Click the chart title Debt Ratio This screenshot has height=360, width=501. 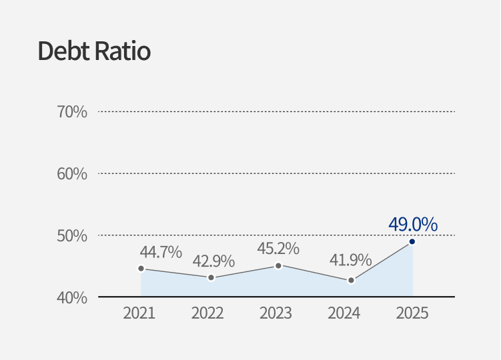pos(94,51)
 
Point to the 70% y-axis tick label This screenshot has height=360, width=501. pos(72,112)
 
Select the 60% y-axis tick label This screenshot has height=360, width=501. pos(72,174)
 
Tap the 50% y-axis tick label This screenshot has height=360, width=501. pos(72,236)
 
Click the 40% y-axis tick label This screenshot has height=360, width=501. pos(72,297)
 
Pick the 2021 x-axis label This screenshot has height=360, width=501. pos(139,313)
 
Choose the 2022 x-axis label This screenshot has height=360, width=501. pos(207,313)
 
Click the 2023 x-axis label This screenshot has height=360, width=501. pos(276,313)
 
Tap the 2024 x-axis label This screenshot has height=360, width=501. pos(344,313)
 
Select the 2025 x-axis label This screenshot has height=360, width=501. pos(412,313)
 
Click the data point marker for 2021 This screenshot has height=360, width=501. pos(141,269)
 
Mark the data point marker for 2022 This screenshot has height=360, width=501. pos(211,277)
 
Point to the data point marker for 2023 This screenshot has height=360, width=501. pos(278,265)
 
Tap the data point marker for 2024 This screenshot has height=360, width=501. pos(351,281)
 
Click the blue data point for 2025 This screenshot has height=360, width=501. pos(412,241)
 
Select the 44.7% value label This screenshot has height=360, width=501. pos(161,252)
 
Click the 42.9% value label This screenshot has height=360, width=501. pos(213,261)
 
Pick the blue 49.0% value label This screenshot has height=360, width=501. pos(413,225)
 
